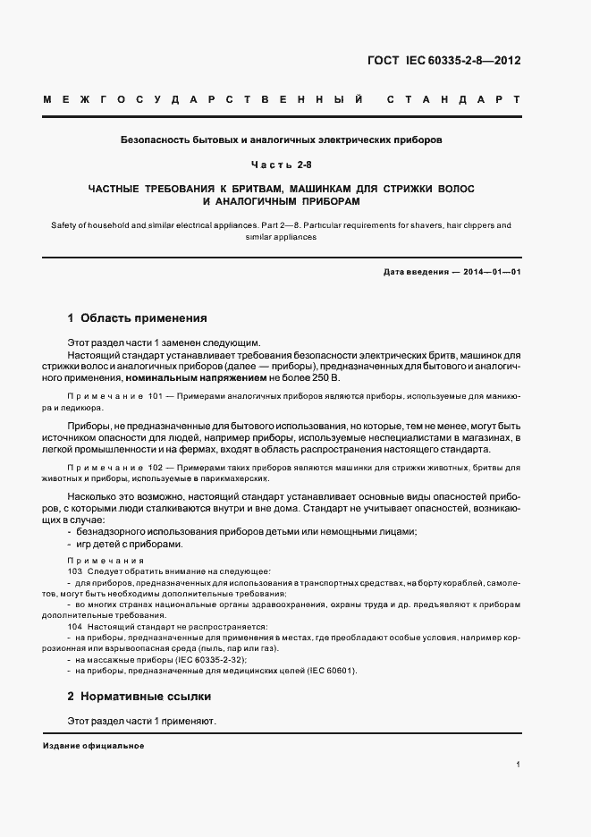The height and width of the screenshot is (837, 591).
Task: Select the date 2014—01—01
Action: coord(489,271)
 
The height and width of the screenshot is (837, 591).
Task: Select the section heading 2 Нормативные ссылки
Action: coord(139,696)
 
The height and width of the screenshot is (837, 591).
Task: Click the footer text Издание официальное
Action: coord(93,746)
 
